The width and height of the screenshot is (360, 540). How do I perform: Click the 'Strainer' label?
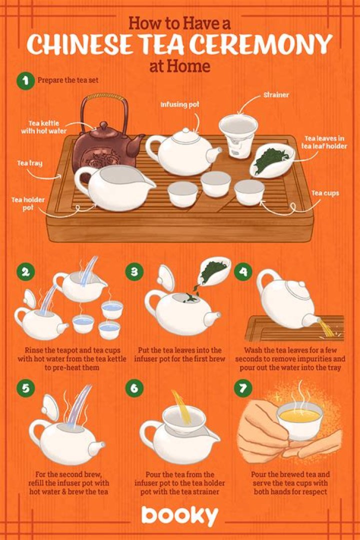[x=276, y=94]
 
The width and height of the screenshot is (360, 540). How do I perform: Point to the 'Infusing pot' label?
[x=179, y=104]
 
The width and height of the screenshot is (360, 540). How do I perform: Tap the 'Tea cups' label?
[x=325, y=193]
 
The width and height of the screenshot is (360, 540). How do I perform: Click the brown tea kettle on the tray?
[x=102, y=147]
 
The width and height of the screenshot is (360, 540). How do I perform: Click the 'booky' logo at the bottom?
[x=179, y=515]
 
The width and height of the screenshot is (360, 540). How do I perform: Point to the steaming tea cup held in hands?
[x=299, y=418]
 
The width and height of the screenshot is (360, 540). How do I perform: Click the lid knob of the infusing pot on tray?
[x=185, y=130]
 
